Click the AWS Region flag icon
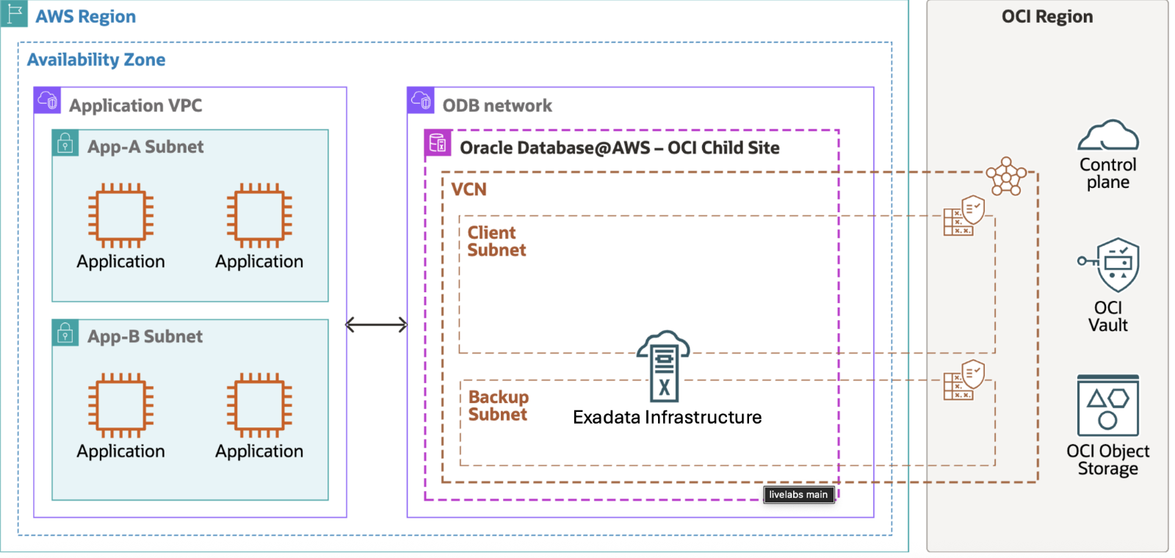14,14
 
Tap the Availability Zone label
96,60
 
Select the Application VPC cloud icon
48,100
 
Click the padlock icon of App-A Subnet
65,142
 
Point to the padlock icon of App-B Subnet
65,333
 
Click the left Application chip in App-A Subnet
121,215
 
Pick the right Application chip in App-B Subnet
259,405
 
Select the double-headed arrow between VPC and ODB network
376,325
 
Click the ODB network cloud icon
421,100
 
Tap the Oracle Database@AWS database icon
438,142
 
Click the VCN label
469,189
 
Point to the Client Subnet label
496,242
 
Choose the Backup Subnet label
498,406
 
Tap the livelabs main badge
798,495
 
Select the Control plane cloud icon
1107,136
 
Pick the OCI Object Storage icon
1107,405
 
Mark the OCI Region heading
1047,17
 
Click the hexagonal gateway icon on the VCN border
1006,177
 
